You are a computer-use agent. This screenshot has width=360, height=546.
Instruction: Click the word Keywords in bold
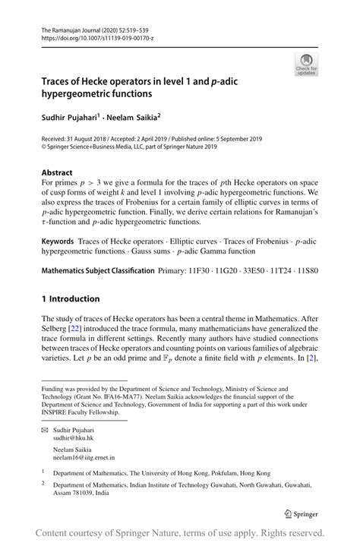point(58,240)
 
